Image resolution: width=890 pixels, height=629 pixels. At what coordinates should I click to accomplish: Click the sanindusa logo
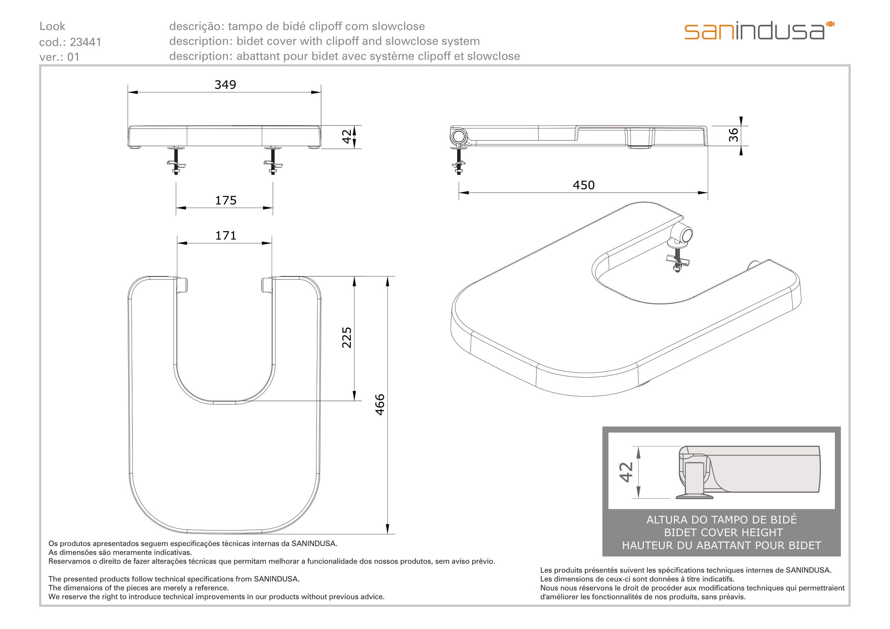point(759,30)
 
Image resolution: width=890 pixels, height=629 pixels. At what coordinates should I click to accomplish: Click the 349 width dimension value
point(225,84)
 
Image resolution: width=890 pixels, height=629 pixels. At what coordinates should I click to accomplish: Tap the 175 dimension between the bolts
point(226,200)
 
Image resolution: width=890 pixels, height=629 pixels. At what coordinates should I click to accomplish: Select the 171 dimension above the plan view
point(226,235)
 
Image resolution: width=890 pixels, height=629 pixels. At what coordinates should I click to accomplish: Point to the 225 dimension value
point(347,337)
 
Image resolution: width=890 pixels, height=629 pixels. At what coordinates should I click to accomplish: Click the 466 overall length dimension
point(380,405)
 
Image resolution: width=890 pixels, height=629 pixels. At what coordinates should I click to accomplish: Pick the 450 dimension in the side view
point(583,185)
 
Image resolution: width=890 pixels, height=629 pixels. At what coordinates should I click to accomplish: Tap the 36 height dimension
point(733,135)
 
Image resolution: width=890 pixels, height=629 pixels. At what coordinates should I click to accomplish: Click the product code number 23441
point(85,42)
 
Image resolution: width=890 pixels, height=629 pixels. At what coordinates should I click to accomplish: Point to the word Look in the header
point(53,26)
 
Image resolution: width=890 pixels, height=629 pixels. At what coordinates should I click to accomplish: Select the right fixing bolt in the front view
point(273,160)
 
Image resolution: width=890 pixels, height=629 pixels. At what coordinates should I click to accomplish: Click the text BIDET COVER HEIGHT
point(721,532)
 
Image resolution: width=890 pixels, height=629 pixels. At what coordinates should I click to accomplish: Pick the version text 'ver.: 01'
point(59,57)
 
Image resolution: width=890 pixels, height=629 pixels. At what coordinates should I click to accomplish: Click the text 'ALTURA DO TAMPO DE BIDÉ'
point(721,519)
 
